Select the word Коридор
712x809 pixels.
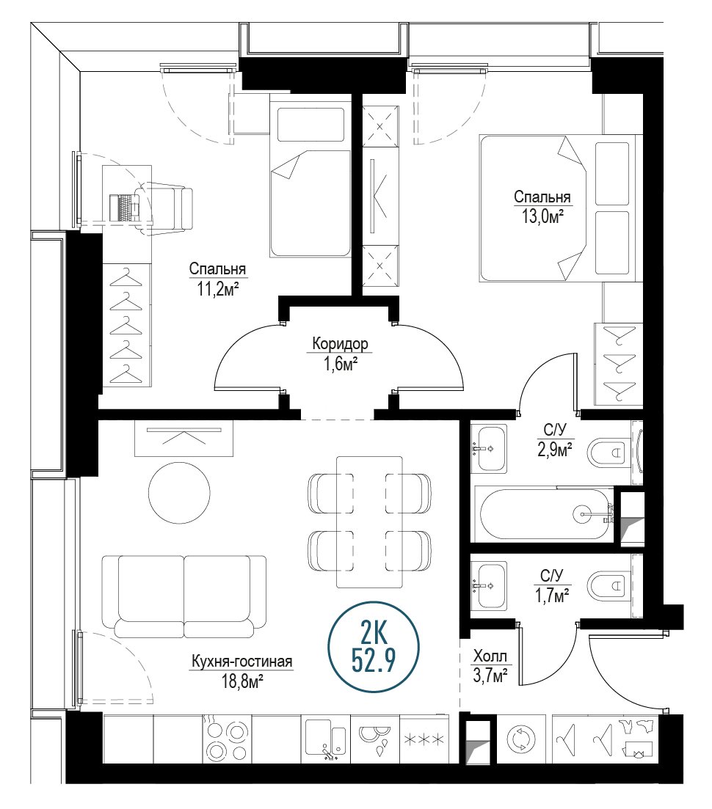click(x=341, y=343)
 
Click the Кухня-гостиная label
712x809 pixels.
click(x=242, y=661)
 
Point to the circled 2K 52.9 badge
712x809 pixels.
click(x=374, y=646)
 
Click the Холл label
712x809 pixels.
click(x=490, y=656)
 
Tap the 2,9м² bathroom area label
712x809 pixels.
click(x=554, y=450)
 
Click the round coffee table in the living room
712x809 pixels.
click(x=179, y=492)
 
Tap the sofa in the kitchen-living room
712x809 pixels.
click(x=184, y=596)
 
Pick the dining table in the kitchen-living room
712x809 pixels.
click(x=369, y=521)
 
